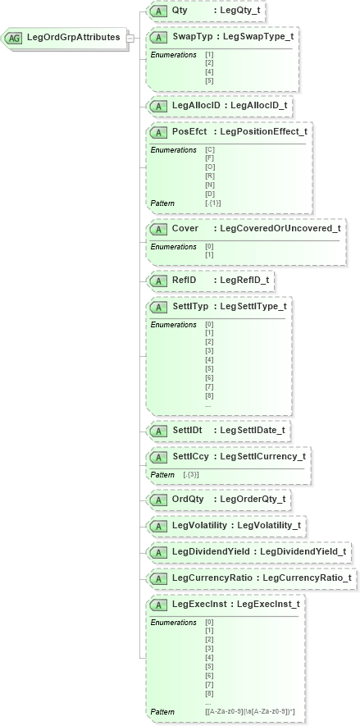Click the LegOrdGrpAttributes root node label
tap(73, 37)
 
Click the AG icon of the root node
tap(15, 38)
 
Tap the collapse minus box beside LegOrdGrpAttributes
tap(130, 38)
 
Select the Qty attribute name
tap(180, 11)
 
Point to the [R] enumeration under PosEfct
tap(209, 176)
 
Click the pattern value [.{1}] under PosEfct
tap(213, 203)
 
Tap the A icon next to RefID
tap(158, 281)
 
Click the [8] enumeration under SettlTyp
tap(209, 396)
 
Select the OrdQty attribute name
tap(188, 499)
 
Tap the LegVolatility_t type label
tap(268, 525)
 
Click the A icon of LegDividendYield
tap(158, 552)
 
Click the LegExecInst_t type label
tap(267, 605)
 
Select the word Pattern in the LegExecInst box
tap(162, 711)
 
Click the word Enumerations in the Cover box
tap(173, 247)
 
